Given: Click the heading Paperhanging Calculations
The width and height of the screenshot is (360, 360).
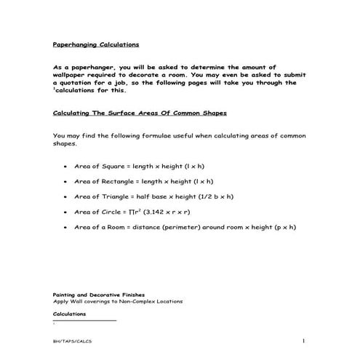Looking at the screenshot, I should tap(96, 44).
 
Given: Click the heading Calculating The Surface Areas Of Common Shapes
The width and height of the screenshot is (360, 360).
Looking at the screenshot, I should tap(140, 113).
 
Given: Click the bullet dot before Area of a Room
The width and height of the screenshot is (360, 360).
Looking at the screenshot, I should tap(66, 228).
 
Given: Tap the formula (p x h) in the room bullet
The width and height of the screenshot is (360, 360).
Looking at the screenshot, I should tap(284, 228).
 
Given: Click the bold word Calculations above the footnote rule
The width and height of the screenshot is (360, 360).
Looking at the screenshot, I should tap(70, 313).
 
